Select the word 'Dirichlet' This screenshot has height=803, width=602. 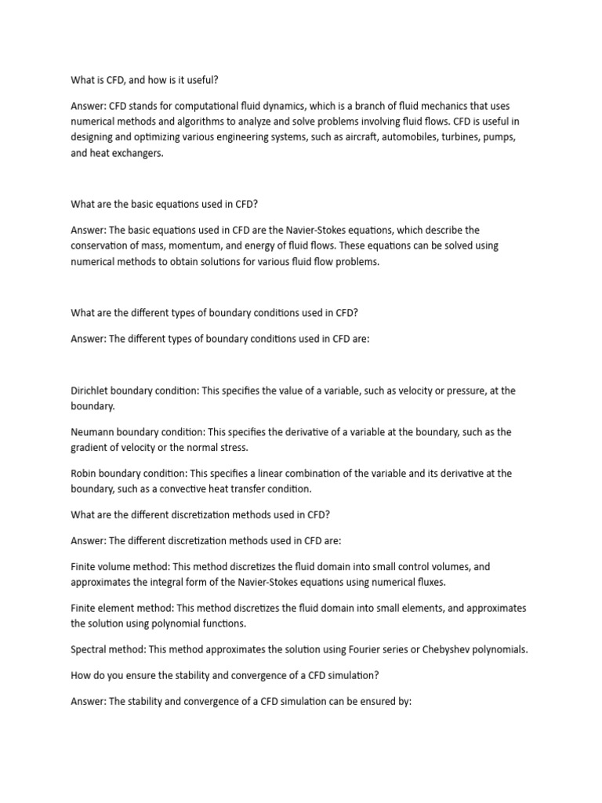[89, 391]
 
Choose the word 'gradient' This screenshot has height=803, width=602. [91, 447]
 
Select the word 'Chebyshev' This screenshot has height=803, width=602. [448, 649]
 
